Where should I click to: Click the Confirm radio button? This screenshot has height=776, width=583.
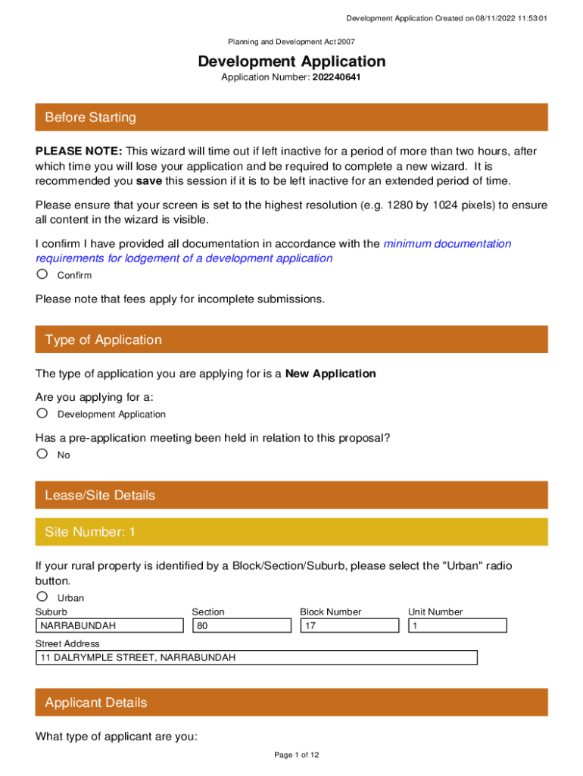coord(42,274)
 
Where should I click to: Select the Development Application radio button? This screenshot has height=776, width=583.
coord(42,413)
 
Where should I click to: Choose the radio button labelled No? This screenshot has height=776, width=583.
coord(42,454)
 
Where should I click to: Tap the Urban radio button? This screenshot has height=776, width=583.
coord(42,596)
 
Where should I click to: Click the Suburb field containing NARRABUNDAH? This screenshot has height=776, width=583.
coord(110,626)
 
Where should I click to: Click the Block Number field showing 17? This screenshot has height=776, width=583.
coord(349,626)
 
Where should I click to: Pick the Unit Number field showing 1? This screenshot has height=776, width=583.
coord(457,626)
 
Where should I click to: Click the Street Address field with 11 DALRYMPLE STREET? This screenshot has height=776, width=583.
coord(257,658)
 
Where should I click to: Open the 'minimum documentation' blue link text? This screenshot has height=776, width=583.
coord(447,244)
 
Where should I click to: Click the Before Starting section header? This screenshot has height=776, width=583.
coord(291,117)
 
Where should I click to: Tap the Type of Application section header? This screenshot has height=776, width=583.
coord(291,339)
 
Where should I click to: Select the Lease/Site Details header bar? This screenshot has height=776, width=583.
coord(291,496)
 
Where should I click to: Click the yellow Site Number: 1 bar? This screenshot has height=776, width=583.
coord(291,532)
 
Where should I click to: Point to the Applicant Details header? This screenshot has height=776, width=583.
coord(291,702)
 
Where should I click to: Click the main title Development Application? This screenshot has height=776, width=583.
coord(291,61)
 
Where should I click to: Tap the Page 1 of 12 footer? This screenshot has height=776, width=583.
coord(291,755)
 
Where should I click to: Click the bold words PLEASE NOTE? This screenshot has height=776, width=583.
coord(79,152)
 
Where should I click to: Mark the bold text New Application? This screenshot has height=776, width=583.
coord(330,374)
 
